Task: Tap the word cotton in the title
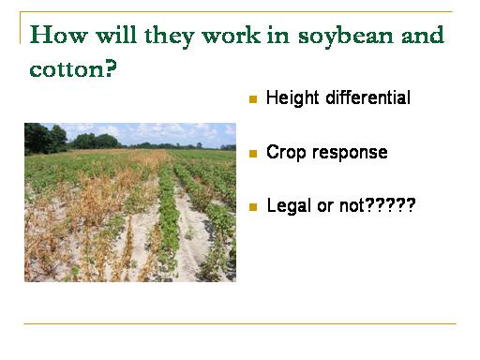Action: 68,69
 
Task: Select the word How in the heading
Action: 58,35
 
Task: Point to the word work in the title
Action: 232,35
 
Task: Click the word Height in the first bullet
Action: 292,98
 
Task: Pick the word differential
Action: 368,97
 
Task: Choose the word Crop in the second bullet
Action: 286,153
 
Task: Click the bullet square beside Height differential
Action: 253,99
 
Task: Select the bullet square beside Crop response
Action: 253,154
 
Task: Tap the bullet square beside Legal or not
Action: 253,207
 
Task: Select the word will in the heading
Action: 116,35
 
